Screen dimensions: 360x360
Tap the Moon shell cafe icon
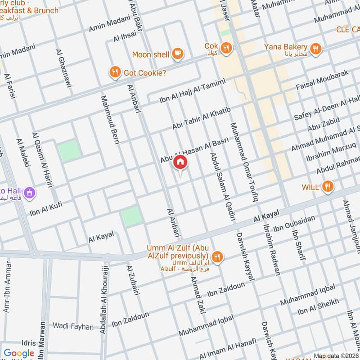tap(178, 54)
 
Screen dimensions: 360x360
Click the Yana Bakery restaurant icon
tap(316, 48)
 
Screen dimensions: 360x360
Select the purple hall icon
tap(30, 192)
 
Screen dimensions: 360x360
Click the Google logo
tap(19, 353)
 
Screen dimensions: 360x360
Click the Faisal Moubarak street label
tap(323, 80)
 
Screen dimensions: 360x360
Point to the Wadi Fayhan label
tap(73, 326)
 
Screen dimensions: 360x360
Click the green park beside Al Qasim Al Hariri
tap(69, 150)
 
